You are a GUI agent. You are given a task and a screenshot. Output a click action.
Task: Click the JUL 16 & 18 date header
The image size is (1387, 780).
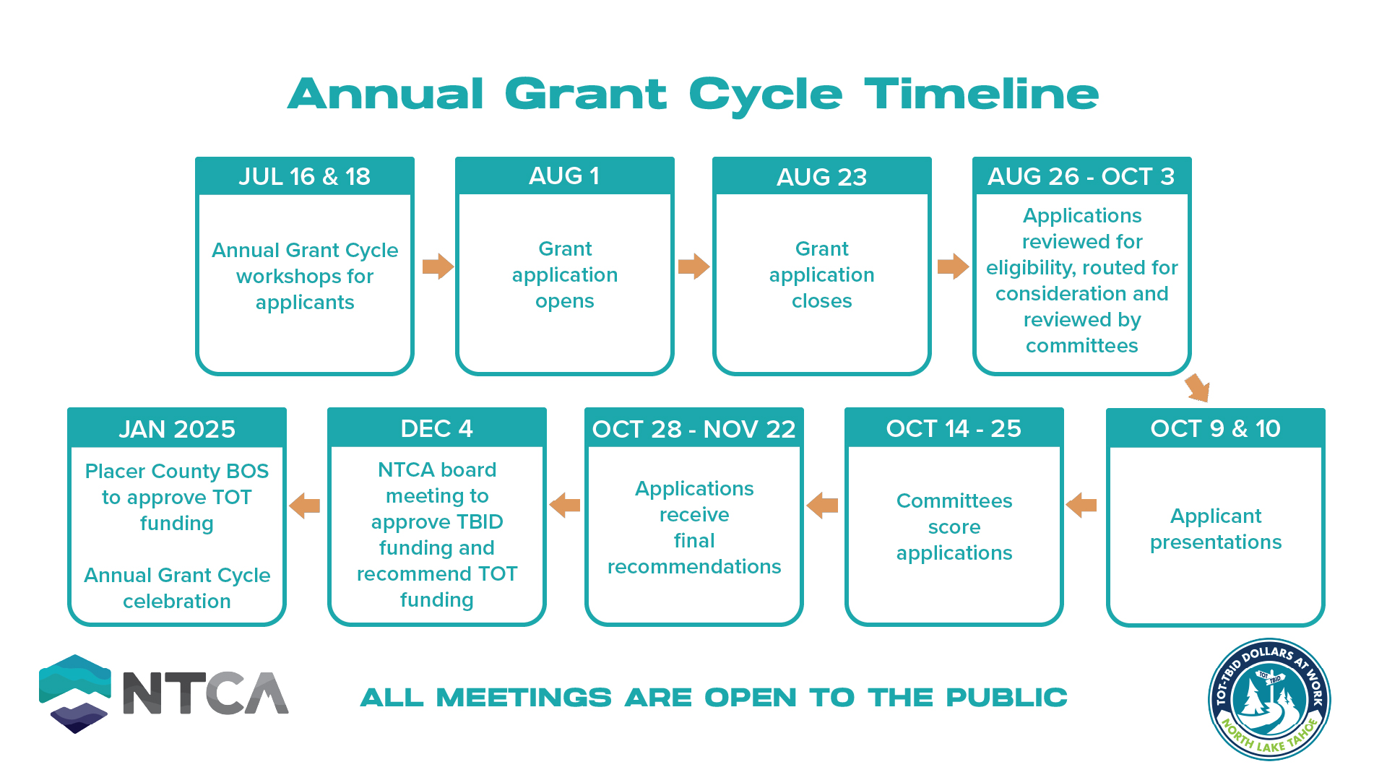(304, 176)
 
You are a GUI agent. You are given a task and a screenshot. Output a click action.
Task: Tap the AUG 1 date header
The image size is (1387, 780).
(564, 175)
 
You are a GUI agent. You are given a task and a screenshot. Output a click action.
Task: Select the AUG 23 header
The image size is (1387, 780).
(821, 177)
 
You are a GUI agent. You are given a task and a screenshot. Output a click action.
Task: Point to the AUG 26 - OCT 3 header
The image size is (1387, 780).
(1081, 176)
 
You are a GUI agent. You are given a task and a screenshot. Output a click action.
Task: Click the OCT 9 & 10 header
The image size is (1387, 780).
(1215, 428)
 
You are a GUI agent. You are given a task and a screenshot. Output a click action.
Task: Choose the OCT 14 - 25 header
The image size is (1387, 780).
(954, 428)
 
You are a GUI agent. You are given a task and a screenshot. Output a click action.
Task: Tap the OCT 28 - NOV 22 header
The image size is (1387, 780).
(693, 429)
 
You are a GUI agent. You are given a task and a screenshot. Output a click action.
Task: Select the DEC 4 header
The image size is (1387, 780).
(436, 428)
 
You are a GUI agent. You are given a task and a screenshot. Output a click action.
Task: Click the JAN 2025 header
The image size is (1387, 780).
(177, 429)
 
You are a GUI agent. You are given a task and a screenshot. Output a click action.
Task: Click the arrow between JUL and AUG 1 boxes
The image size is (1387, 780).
(438, 266)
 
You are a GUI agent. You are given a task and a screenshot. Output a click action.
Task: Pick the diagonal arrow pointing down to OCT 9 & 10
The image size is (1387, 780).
(1197, 388)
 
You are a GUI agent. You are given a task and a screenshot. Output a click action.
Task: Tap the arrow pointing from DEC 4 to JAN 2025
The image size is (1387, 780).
(305, 506)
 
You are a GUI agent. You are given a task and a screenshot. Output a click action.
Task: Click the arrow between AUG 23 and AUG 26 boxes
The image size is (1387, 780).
(953, 266)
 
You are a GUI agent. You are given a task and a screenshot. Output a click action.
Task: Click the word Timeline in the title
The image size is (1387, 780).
(981, 95)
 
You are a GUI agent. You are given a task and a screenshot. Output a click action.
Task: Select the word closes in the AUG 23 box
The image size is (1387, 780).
(821, 301)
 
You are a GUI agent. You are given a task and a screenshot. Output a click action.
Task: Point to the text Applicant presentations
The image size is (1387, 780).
(1215, 529)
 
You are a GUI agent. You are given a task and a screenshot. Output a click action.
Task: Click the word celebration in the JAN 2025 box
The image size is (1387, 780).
(177, 601)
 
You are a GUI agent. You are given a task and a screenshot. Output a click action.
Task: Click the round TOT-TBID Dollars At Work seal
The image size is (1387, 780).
(1269, 699)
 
